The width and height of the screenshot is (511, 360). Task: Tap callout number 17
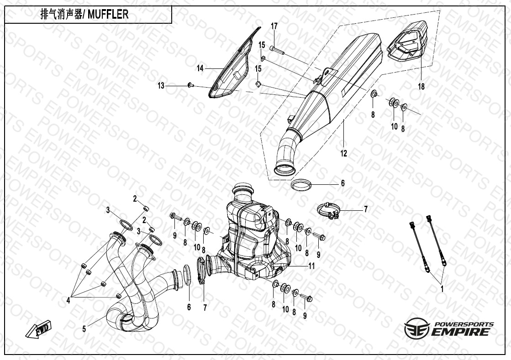274,26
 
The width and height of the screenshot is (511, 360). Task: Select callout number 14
200,68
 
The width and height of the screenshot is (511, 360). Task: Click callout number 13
161,85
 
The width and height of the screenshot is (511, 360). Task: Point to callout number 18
421,87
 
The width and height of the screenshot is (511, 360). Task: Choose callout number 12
343,154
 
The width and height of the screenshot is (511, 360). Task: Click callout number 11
311,266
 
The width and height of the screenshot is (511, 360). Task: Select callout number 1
442,289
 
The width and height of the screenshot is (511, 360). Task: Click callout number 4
68,300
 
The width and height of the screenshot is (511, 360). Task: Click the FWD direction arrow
40,329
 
